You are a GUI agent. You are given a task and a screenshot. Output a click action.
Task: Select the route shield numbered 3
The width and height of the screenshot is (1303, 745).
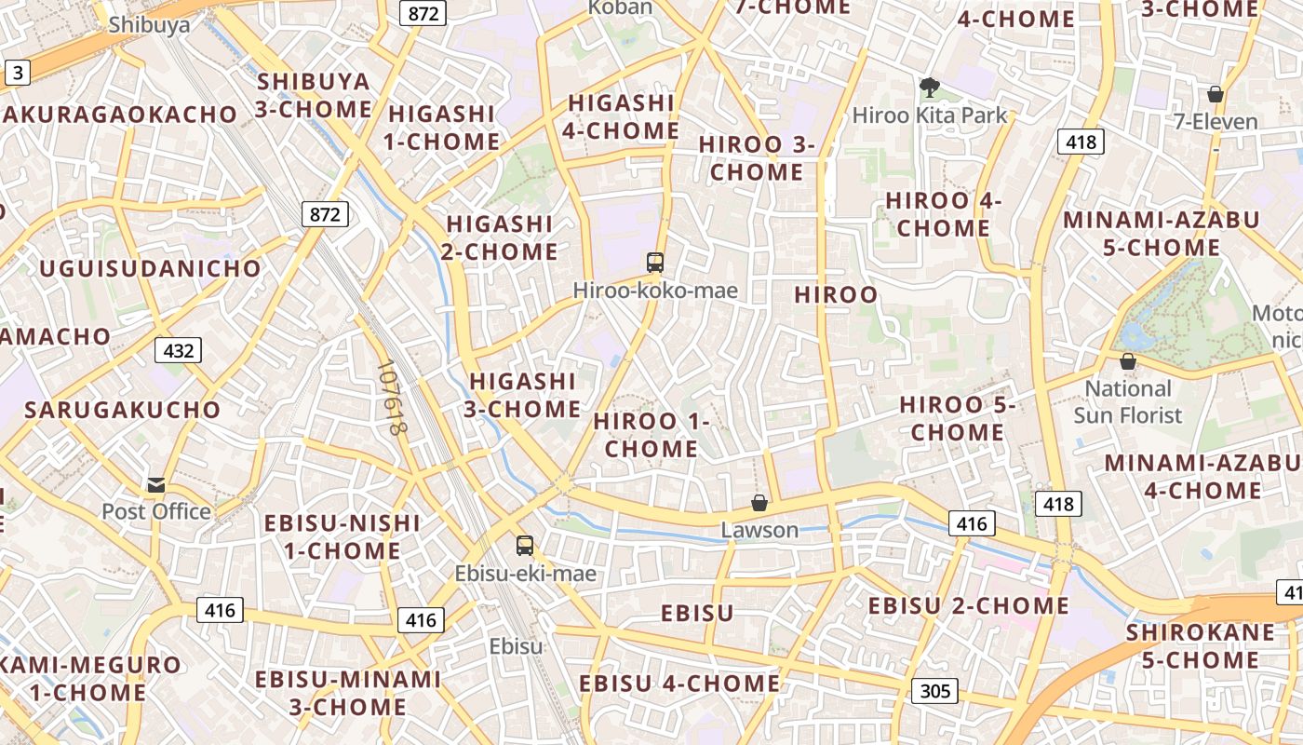pos(17,73)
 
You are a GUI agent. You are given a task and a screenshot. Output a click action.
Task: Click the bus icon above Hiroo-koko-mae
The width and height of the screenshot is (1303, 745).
pos(655,263)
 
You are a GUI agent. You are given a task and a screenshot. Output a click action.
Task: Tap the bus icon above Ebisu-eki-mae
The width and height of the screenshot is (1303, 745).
pos(525,545)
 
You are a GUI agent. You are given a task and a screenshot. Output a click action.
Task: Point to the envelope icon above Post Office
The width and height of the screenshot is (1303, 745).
pos(156,484)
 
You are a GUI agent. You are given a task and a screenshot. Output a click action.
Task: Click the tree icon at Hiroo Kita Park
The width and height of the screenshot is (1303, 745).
pos(929,88)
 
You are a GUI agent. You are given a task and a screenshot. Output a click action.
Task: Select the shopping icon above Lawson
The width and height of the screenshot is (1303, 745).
pos(759,503)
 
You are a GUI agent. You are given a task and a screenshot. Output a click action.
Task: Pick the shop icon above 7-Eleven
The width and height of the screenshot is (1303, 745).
pos(1215,94)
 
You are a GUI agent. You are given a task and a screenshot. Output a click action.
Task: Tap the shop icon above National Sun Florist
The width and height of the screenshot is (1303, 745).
pos(1128,361)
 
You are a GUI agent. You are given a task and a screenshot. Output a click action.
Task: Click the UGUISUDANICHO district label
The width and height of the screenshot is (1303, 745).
pos(151,269)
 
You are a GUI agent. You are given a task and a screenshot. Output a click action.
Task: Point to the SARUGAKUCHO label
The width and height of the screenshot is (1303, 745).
pos(123,410)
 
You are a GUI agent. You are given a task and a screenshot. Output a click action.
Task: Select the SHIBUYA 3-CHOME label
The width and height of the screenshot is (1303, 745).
pos(314,95)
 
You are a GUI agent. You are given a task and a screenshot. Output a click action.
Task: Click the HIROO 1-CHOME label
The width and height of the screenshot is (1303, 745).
pos(651,435)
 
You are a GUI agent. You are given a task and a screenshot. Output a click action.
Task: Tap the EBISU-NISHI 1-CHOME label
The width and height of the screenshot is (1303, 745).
pos(343,536)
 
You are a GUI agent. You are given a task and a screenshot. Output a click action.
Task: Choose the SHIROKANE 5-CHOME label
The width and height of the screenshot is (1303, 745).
pos(1201,646)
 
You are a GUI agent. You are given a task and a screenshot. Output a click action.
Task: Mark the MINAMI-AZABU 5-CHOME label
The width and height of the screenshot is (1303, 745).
pos(1162,234)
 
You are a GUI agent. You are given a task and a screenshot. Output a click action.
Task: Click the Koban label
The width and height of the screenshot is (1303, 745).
pos(621,7)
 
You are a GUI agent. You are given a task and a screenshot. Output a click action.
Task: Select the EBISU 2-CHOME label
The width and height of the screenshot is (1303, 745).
pos(968,605)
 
